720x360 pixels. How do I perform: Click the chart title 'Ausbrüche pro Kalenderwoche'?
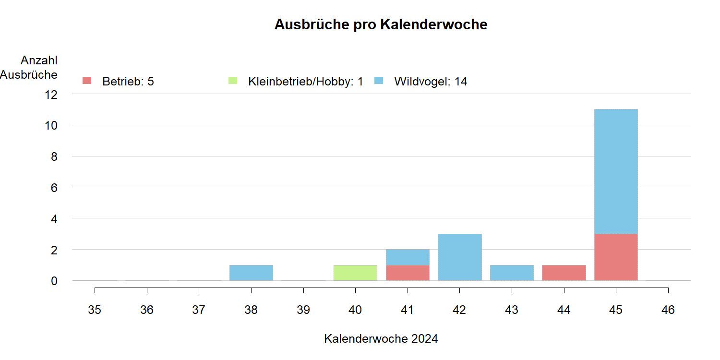381,25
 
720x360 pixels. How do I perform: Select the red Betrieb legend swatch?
87,81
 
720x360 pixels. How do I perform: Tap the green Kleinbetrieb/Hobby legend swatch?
233,81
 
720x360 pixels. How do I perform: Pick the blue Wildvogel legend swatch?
379,81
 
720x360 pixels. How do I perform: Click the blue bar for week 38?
251,273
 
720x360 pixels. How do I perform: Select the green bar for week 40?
355,273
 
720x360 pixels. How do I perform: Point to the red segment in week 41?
408,273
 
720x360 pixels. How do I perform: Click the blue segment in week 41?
408,257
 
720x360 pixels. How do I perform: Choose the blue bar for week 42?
460,257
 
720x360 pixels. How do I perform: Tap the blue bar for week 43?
512,273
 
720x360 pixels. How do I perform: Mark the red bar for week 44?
564,273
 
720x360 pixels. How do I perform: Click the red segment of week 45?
616,257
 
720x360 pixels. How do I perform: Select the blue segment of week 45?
616,172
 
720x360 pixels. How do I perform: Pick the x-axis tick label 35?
95,310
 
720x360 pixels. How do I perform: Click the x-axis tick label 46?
668,310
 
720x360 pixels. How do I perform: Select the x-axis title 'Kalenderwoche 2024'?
381,339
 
